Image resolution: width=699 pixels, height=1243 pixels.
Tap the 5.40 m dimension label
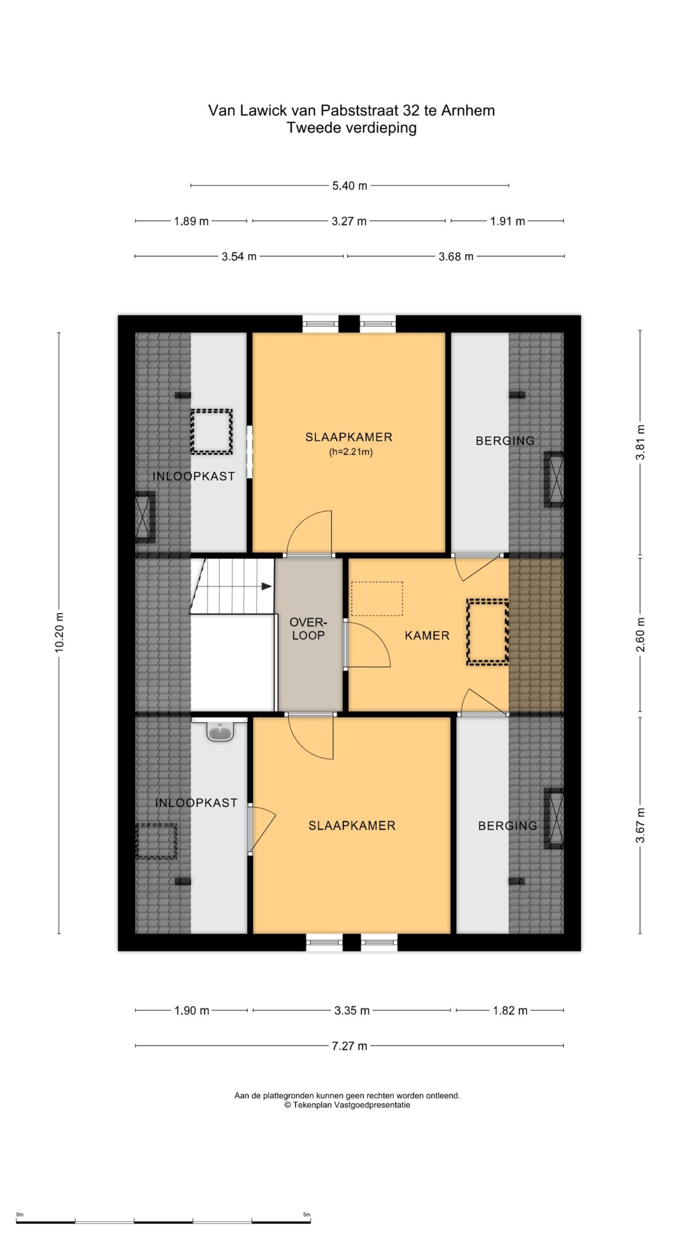[349, 185]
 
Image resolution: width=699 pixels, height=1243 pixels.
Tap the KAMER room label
[427, 636]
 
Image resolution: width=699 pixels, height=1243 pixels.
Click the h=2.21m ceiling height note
[351, 453]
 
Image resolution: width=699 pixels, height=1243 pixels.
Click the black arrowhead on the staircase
[266, 586]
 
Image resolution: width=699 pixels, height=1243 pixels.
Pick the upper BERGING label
[505, 441]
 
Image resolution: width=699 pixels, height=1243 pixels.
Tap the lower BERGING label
[507, 826]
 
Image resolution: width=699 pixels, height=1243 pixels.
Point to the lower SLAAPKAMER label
[352, 825]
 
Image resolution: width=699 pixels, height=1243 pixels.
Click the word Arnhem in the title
[468, 111]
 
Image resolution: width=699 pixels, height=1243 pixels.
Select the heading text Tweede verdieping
[351, 128]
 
